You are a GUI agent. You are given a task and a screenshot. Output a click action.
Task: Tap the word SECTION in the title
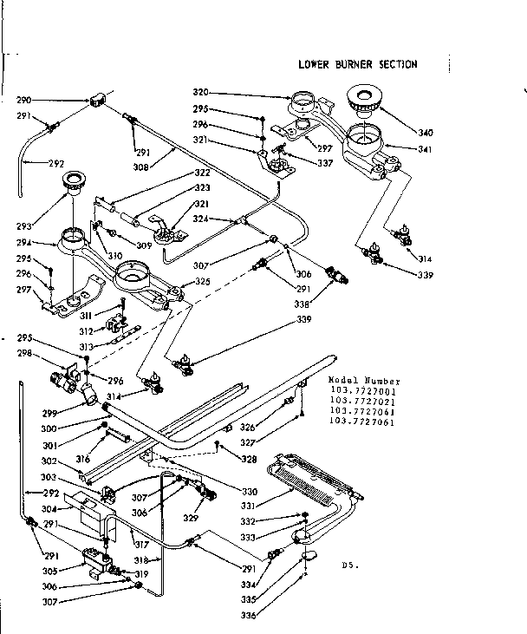[396, 64]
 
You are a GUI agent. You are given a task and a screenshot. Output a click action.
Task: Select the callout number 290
[24, 101]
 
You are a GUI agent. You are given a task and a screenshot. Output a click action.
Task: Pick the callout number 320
[201, 93]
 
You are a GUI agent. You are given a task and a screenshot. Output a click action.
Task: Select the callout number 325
[202, 282]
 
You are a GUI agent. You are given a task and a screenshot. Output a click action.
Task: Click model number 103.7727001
[362, 391]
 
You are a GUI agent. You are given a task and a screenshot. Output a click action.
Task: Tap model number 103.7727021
[362, 401]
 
